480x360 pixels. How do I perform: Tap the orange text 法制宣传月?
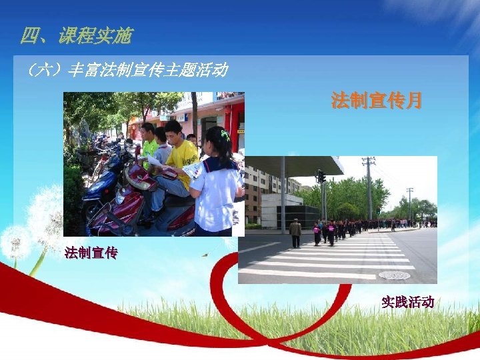(377, 101)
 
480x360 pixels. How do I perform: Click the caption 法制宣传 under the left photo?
(91, 253)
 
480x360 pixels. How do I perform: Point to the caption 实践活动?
(407, 302)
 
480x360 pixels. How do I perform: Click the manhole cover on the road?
(395, 275)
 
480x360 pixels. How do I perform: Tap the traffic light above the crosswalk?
(321, 176)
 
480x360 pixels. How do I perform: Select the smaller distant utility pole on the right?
(410, 203)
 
